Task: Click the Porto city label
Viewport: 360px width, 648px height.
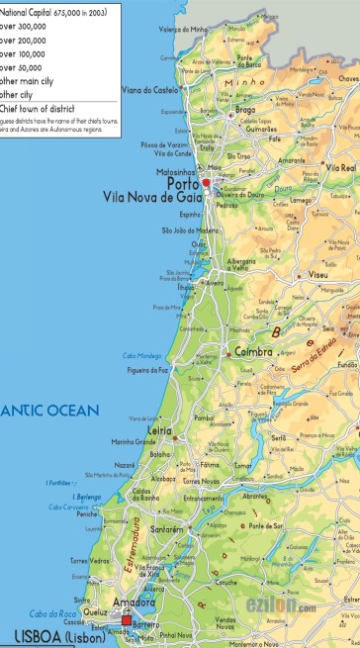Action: pos(183,183)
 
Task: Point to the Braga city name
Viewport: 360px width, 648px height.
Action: pos(246,111)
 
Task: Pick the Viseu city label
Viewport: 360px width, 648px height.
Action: pos(317,273)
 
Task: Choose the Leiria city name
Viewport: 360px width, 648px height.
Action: pos(158,431)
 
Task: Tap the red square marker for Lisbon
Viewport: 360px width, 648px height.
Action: pos(127,620)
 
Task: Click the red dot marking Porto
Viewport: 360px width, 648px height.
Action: pos(206,183)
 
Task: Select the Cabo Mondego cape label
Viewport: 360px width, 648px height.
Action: pos(141,355)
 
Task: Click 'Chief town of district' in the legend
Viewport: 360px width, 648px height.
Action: pos(41,108)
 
